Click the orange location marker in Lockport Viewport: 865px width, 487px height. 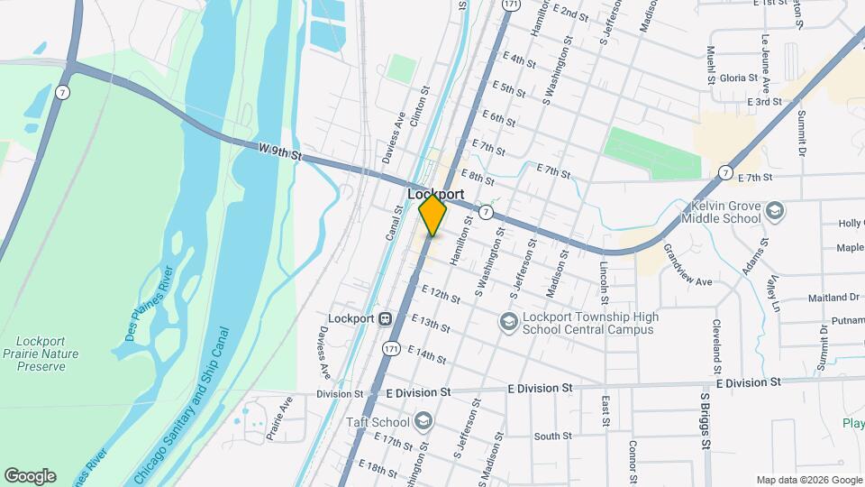pyautogui.click(x=432, y=216)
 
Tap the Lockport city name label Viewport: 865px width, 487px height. pyautogui.click(x=435, y=194)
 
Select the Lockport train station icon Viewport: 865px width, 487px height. pyautogui.click(x=385, y=318)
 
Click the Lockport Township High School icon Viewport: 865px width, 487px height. pyautogui.click(x=508, y=322)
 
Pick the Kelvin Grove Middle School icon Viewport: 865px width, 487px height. pyautogui.click(x=774, y=212)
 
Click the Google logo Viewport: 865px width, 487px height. pyautogui.click(x=30, y=476)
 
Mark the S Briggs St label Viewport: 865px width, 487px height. pyautogui.click(x=705, y=420)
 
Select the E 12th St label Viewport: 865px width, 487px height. pyautogui.click(x=442, y=294)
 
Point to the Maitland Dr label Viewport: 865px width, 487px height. pyautogui.click(x=836, y=297)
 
